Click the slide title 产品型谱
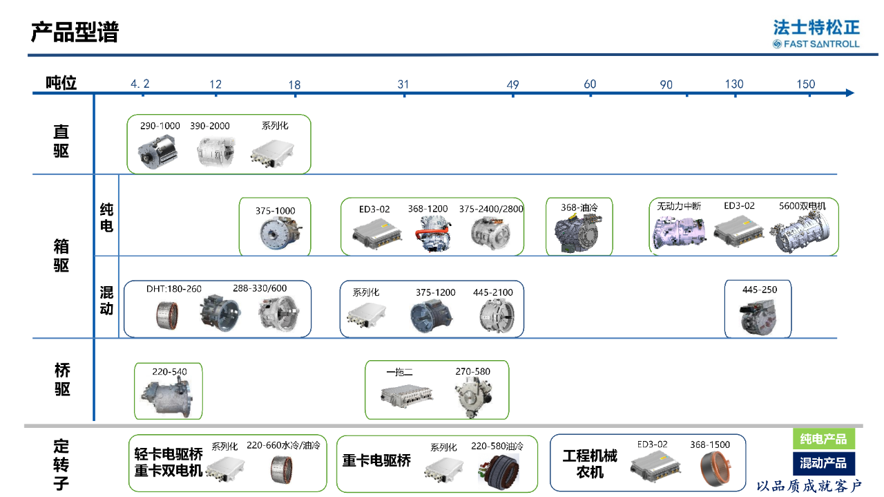tap(75, 32)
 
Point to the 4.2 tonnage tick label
tap(140, 84)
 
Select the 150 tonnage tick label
tap(805, 84)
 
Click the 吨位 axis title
tap(61, 84)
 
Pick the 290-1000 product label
tap(160, 126)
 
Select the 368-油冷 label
tap(579, 207)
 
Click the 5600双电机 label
tap(802, 206)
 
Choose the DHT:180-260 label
tap(173, 289)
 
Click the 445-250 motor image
tap(758, 317)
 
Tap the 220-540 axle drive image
tap(168, 397)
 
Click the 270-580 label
tap(472, 372)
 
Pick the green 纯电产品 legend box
tap(823, 439)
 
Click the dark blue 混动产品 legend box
tap(823, 463)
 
